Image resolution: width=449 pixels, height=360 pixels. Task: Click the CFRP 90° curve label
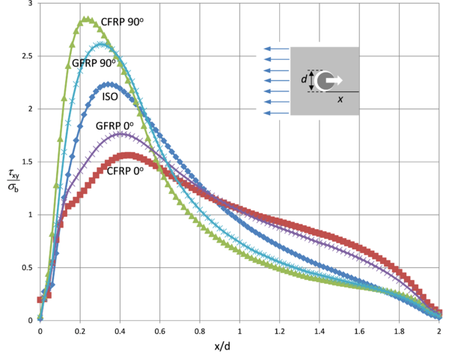point(123,22)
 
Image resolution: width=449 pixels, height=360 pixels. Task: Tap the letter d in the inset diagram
point(304,79)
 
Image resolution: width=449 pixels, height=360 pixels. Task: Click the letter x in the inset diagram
point(340,100)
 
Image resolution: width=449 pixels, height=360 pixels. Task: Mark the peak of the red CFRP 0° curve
point(129,155)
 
